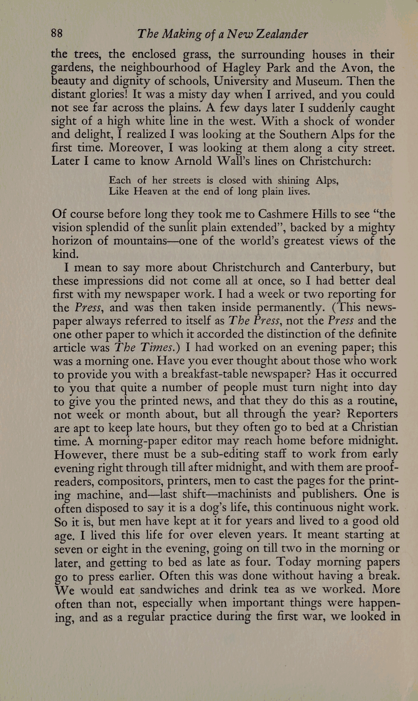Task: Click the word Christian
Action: click(x=373, y=427)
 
